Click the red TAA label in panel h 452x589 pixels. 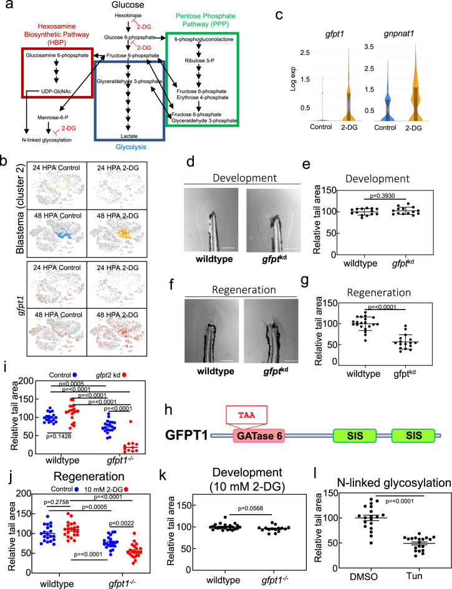[247, 415]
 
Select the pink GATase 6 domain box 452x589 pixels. [259, 436]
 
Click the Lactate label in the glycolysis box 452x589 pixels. [129, 136]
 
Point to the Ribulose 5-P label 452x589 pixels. [200, 61]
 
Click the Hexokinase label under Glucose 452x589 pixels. [128, 16]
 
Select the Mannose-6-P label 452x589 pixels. [53, 117]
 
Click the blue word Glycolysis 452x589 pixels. [131, 147]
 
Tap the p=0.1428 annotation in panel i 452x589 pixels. [59, 436]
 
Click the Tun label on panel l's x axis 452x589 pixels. [415, 576]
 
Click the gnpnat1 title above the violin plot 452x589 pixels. [398, 34]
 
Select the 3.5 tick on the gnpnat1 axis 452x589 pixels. [369, 47]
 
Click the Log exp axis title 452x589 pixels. [293, 79]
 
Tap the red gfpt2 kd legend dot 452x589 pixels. [124, 375]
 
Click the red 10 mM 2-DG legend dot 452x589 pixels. [126, 489]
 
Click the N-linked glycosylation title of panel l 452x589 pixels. [394, 483]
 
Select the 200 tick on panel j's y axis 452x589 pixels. [25, 494]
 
